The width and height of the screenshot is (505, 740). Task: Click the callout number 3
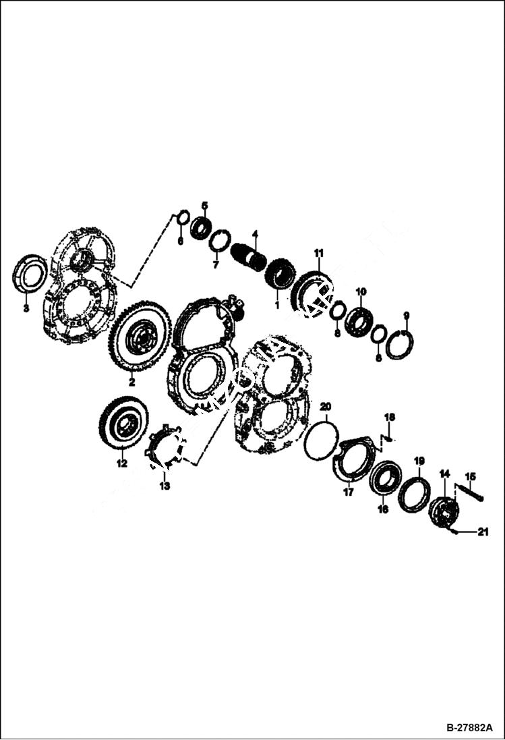coord(26,309)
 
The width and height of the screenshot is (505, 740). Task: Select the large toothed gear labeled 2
coord(141,337)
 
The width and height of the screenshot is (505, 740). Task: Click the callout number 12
coord(121,463)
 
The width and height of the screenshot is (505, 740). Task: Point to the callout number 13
coord(165,485)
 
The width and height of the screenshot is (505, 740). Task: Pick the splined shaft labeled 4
coord(249,258)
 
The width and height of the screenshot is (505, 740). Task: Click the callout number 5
coord(205,205)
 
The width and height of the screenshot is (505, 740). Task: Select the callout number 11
coord(319,253)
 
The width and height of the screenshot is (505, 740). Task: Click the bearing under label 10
coord(359,322)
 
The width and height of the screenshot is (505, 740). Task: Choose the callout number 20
coord(325,407)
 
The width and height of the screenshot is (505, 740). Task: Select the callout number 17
coord(348,492)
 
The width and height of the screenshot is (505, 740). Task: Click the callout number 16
coord(383,510)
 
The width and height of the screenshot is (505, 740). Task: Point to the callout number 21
coord(482,532)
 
